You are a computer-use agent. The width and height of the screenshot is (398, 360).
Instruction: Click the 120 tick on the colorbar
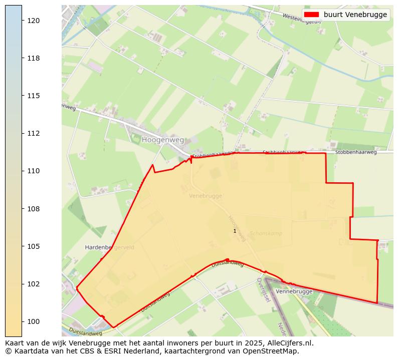click(34, 21)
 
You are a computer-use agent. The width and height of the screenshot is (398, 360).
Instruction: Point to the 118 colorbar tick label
click(34, 58)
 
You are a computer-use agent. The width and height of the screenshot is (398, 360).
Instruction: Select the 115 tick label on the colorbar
click(34, 96)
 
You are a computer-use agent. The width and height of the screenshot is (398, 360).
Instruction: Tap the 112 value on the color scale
click(34, 133)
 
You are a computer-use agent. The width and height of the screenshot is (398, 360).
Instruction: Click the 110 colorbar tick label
click(34, 171)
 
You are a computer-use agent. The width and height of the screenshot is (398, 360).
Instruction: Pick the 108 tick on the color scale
click(34, 208)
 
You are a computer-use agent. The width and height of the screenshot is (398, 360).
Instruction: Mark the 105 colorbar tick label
click(34, 246)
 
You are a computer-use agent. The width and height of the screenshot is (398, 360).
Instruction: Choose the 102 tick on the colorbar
click(34, 284)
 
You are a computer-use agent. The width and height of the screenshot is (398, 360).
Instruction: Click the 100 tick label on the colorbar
click(34, 321)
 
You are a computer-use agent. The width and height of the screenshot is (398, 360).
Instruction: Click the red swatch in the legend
click(311, 15)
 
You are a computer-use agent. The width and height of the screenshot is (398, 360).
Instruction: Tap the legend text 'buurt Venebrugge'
click(355, 15)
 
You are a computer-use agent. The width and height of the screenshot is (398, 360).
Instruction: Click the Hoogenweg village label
click(163, 140)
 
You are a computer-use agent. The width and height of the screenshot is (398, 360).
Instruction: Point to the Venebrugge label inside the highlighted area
click(206, 196)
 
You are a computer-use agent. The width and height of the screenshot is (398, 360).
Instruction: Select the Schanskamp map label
click(266, 233)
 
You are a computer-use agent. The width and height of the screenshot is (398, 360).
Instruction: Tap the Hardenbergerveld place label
click(110, 247)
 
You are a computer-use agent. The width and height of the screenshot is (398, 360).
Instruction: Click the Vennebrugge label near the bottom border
click(294, 291)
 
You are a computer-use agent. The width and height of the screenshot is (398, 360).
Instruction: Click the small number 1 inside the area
click(235, 231)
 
